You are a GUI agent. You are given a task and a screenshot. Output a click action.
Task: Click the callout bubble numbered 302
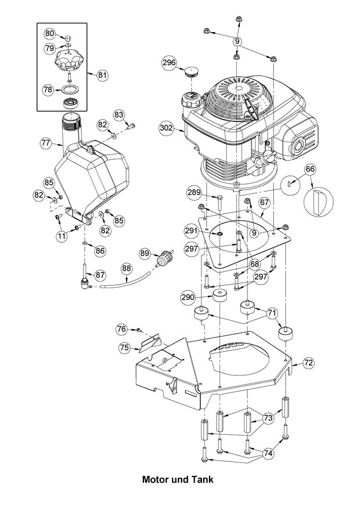[x=167, y=128]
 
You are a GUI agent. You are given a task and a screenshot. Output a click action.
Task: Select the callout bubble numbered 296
[x=169, y=63]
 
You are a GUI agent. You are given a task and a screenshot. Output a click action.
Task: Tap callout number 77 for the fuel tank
[x=46, y=143]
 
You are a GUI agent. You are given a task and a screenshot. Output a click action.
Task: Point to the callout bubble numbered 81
[x=102, y=76]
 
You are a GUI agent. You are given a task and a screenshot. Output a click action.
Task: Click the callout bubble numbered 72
[x=308, y=362]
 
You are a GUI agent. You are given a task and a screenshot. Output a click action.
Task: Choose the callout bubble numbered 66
[x=310, y=169]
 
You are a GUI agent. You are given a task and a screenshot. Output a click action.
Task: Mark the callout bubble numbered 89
[x=145, y=253]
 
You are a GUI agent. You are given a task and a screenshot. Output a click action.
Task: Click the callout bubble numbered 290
[x=188, y=297]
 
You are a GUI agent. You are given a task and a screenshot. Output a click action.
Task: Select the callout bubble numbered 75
[x=124, y=347]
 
